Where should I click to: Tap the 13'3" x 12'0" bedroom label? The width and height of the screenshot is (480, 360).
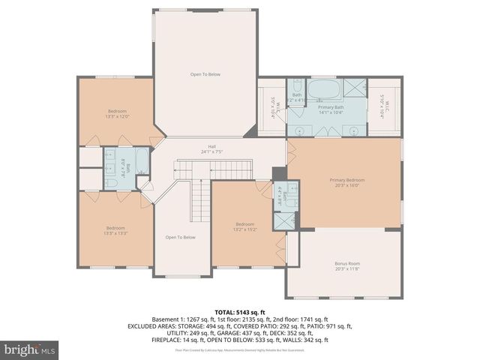[116, 113]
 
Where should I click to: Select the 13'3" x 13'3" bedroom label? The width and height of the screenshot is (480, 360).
[115, 230]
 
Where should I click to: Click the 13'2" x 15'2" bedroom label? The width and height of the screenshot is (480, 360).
[246, 226]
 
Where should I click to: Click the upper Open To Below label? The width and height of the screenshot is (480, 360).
[205, 74]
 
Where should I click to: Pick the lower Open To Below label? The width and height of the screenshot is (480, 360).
[180, 238]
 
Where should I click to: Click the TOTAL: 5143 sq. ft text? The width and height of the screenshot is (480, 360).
[240, 311]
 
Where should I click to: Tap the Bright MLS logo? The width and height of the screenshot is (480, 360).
[30, 349]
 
